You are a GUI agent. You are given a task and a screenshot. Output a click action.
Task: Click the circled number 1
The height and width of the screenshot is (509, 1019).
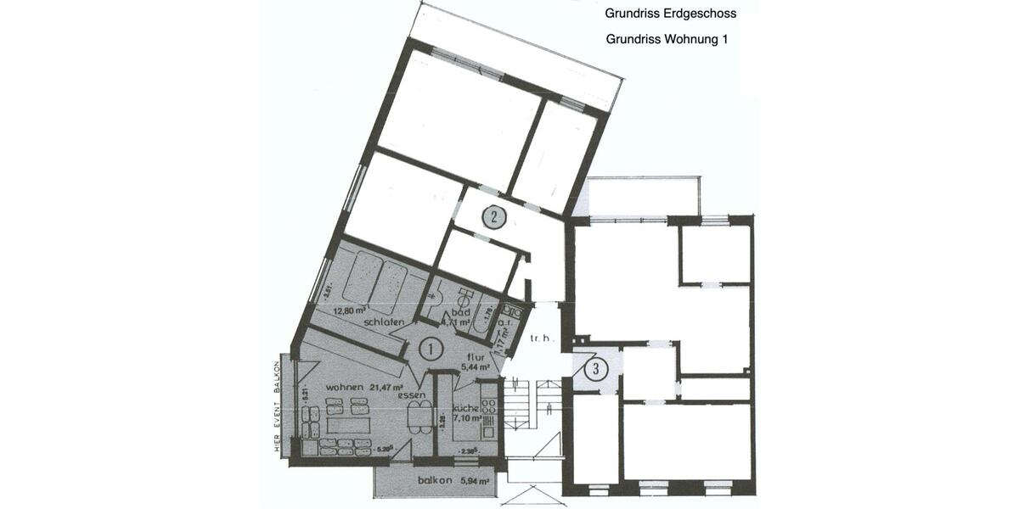(431, 348)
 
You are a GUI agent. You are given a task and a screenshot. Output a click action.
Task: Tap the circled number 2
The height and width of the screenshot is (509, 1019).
(494, 217)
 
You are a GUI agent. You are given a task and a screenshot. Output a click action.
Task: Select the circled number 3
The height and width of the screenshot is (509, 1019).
(597, 369)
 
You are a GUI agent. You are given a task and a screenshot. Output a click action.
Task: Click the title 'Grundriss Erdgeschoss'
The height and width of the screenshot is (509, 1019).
(671, 14)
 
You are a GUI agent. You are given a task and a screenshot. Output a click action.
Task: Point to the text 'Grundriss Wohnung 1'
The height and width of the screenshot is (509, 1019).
(667, 39)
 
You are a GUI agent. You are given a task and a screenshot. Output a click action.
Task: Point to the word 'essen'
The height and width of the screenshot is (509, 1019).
(412, 395)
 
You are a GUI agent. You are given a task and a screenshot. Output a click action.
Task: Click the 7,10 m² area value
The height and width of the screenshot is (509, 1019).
(468, 418)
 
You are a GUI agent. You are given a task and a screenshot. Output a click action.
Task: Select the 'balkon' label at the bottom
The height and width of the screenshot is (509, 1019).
(433, 481)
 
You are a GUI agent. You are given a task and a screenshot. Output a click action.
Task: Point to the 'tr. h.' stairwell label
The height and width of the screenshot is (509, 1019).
(541, 339)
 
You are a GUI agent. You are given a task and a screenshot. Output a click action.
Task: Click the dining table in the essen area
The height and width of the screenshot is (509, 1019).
(419, 416)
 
